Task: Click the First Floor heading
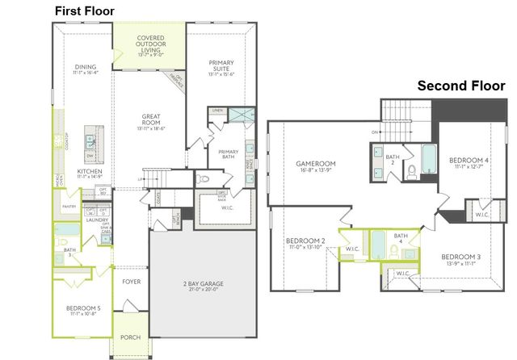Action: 85,10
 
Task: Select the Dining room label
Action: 86,69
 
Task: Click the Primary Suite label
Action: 221,65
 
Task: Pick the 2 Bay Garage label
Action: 202,284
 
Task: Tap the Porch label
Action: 129,337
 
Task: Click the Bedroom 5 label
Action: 83,308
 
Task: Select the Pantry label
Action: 69,207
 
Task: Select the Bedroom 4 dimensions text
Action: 469,167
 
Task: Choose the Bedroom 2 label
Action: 305,241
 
